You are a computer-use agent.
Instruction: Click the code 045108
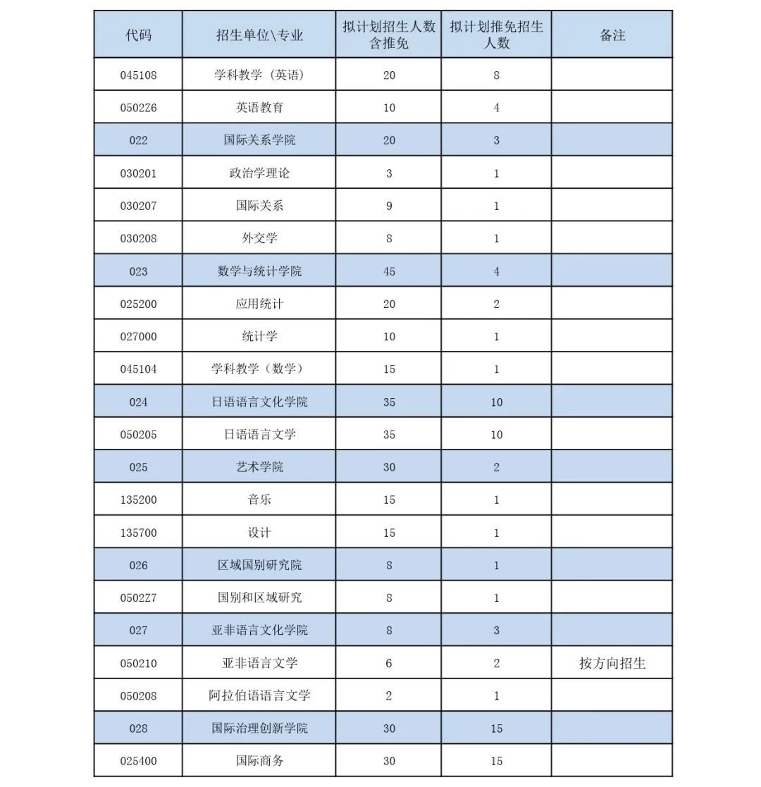tap(138, 75)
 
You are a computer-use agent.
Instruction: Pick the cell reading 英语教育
tap(259, 108)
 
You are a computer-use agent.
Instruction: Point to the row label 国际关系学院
tap(259, 140)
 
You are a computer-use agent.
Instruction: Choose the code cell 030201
tap(138, 173)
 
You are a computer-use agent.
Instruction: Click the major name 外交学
tap(259, 238)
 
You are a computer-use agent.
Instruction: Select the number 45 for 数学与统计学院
tap(389, 271)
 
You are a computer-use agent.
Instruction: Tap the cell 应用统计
tap(259, 304)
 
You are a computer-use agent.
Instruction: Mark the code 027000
tap(138, 337)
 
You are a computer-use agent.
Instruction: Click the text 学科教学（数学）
tap(259, 369)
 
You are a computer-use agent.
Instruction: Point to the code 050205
tap(138, 435)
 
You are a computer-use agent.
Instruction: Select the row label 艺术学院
tap(259, 467)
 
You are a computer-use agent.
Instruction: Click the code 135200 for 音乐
tap(138, 500)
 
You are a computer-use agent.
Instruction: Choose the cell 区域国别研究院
tap(259, 565)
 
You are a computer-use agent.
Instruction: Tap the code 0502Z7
tap(138, 598)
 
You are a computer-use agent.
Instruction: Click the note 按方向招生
tap(612, 663)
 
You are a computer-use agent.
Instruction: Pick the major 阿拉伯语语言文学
tap(259, 696)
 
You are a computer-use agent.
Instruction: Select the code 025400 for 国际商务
tap(138, 761)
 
